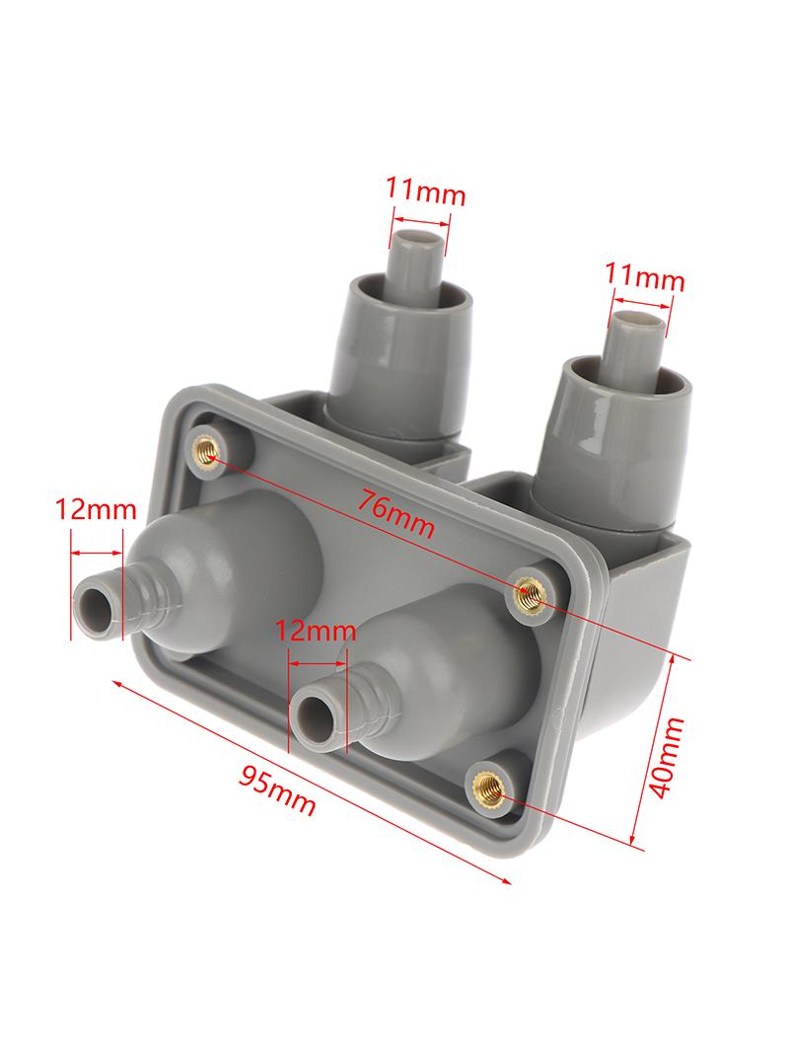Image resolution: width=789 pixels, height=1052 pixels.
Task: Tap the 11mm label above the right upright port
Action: coord(645,276)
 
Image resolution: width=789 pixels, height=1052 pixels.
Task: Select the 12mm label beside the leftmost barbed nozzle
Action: coord(95,510)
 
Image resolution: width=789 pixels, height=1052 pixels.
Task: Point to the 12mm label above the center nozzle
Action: coord(316,631)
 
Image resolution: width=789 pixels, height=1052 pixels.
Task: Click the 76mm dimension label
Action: coord(395,512)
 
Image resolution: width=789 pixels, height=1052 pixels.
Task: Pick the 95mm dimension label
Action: coord(276,789)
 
